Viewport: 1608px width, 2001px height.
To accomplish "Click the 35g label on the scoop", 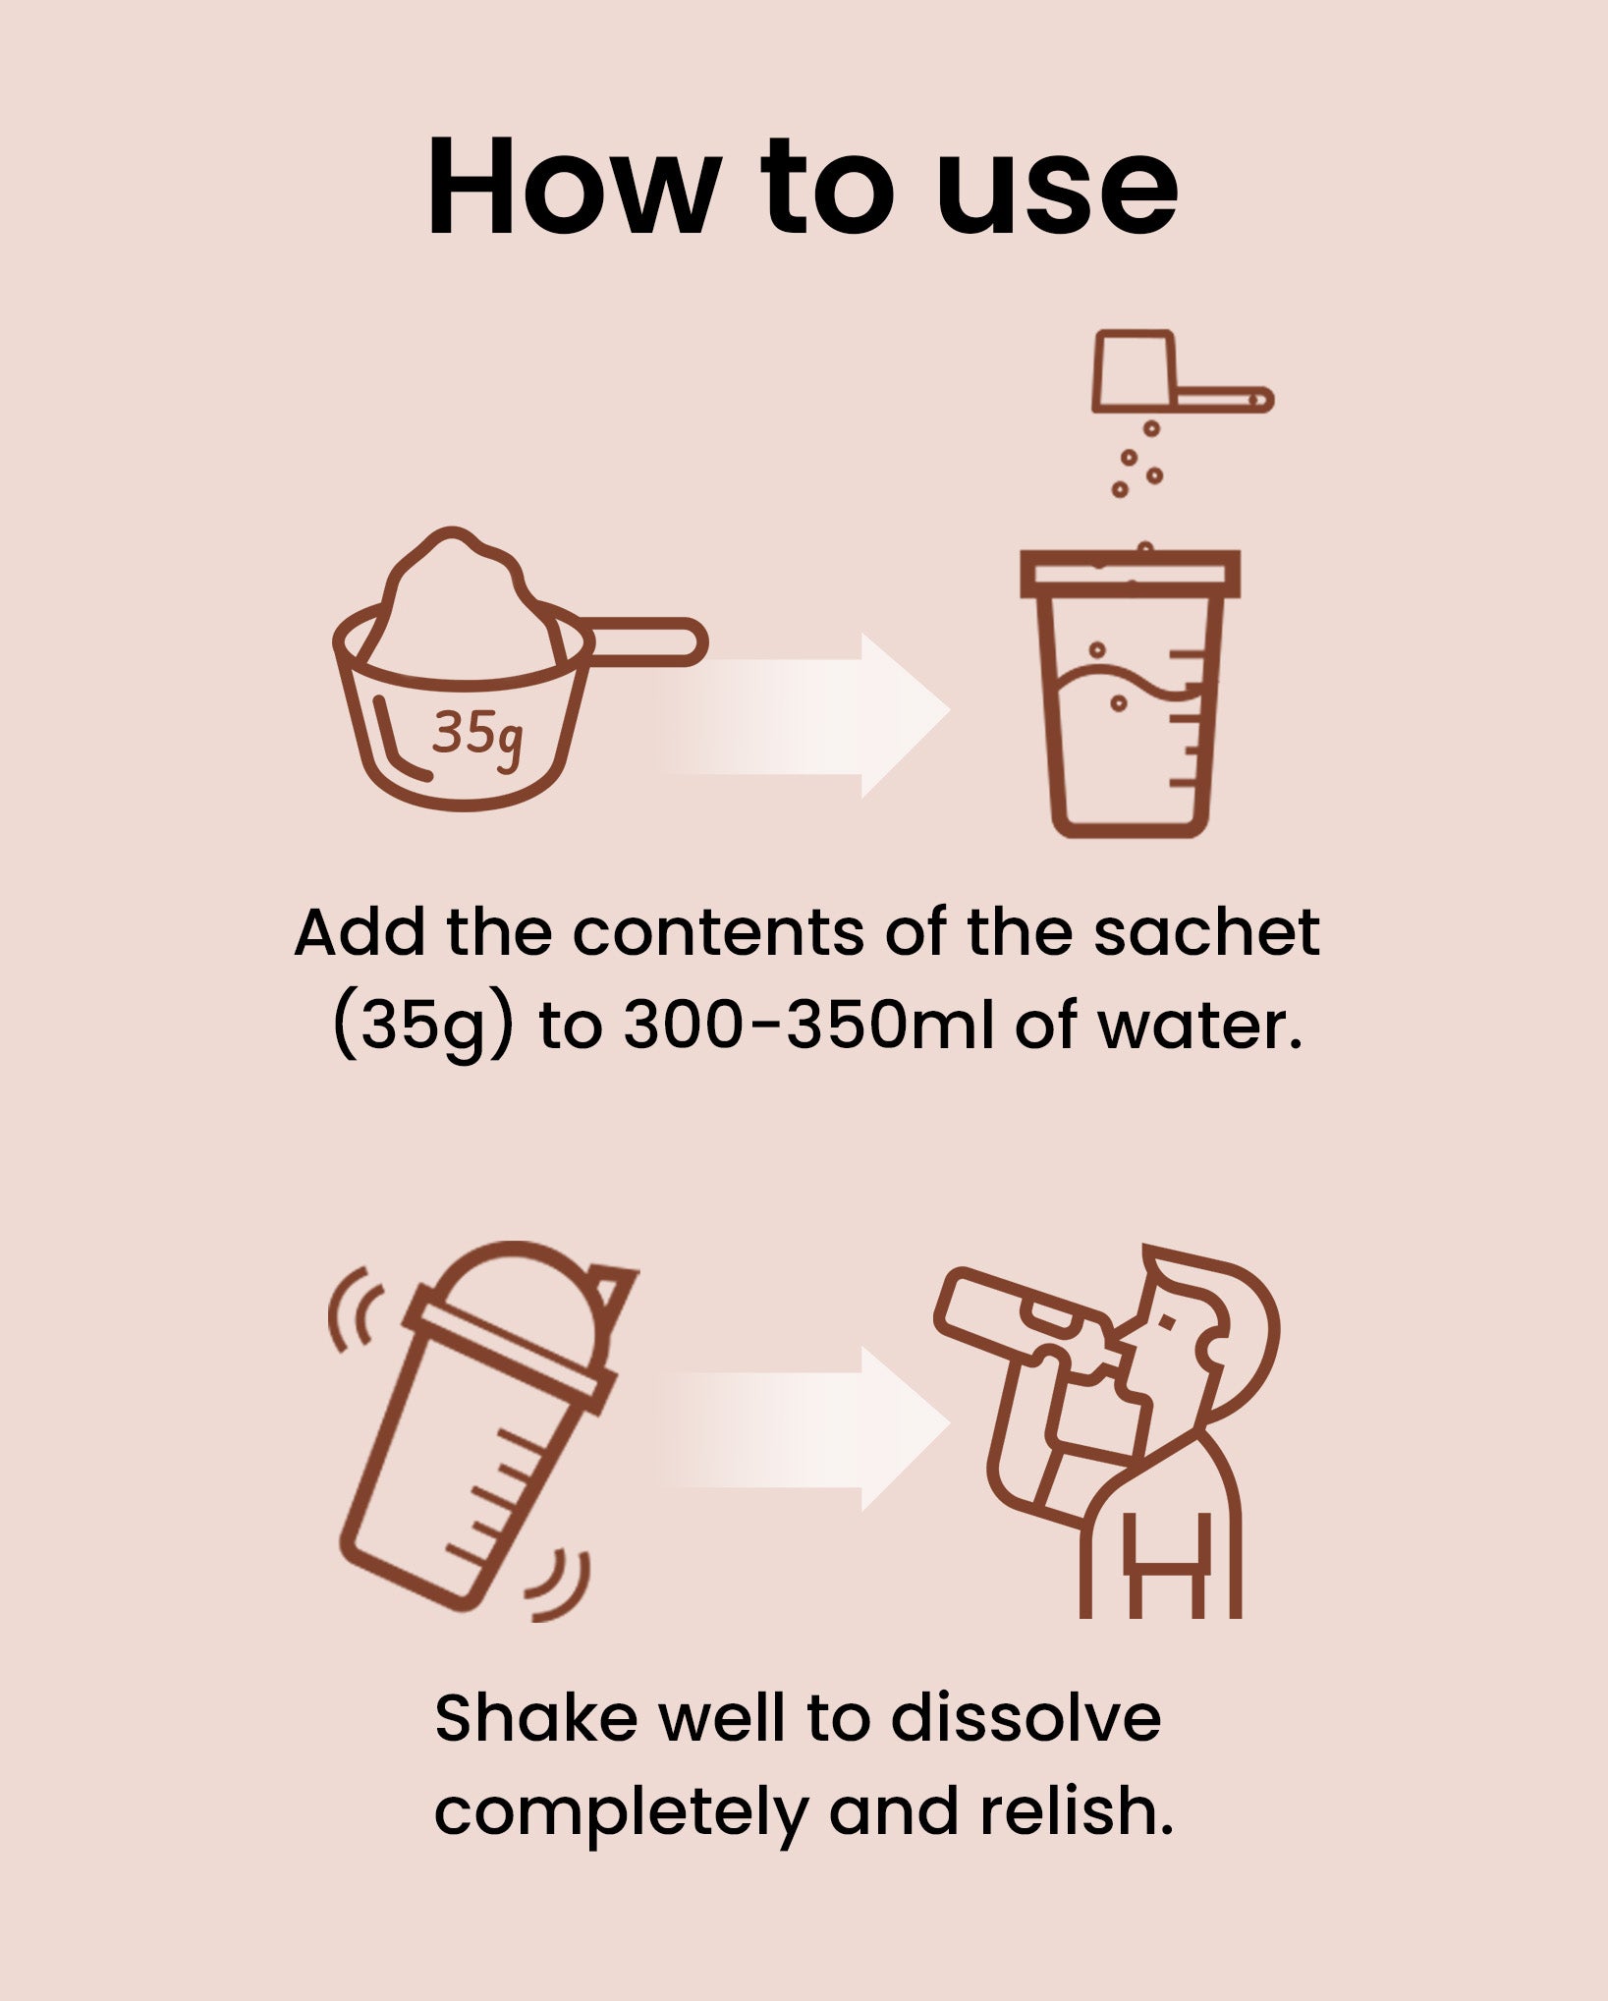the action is [477, 736].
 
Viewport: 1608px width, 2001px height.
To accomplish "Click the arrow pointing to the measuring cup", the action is [804, 715].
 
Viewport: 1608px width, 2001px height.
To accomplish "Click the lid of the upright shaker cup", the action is [1130, 574].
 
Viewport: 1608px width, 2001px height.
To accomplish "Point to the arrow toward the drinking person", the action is [804, 1428].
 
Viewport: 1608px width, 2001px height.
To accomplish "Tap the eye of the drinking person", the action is [1167, 1321].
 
